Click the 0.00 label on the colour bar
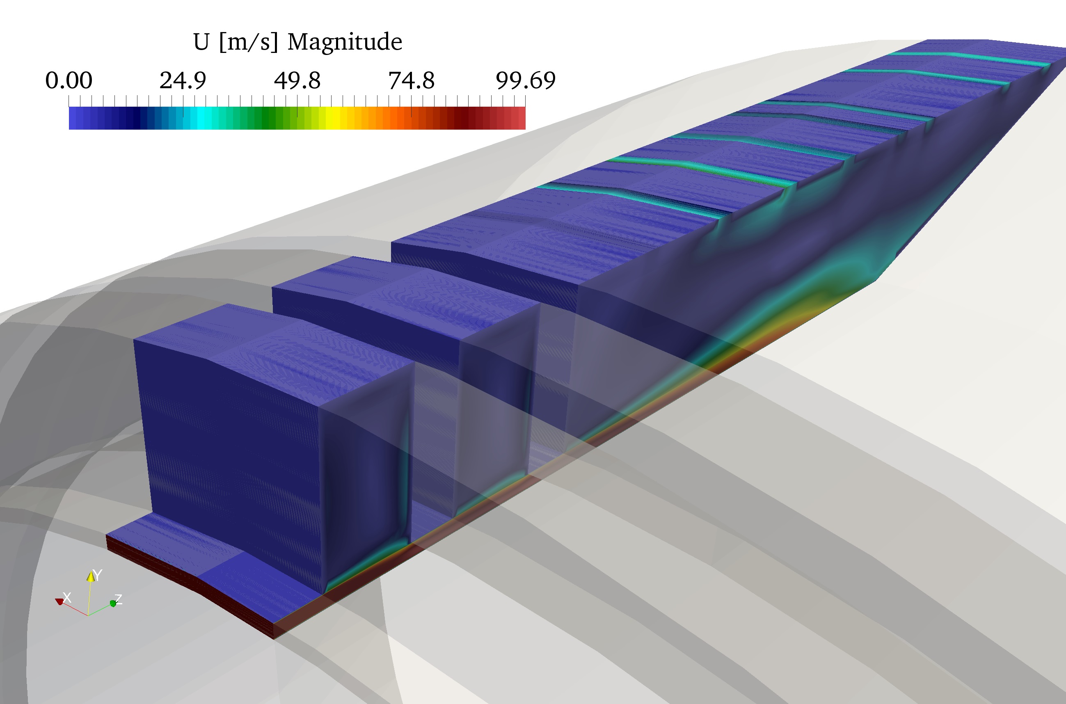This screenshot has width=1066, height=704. click(x=69, y=80)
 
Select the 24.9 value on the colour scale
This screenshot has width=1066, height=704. click(x=183, y=80)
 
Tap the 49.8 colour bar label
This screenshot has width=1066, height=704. click(x=297, y=80)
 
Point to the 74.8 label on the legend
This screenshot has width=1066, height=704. click(x=411, y=80)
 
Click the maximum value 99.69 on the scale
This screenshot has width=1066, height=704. click(x=526, y=80)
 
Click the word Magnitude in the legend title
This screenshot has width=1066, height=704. click(x=344, y=42)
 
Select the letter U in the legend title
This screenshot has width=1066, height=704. click(x=201, y=42)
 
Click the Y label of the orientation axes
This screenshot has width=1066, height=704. click(x=97, y=575)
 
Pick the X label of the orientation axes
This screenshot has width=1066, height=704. click(x=67, y=597)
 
